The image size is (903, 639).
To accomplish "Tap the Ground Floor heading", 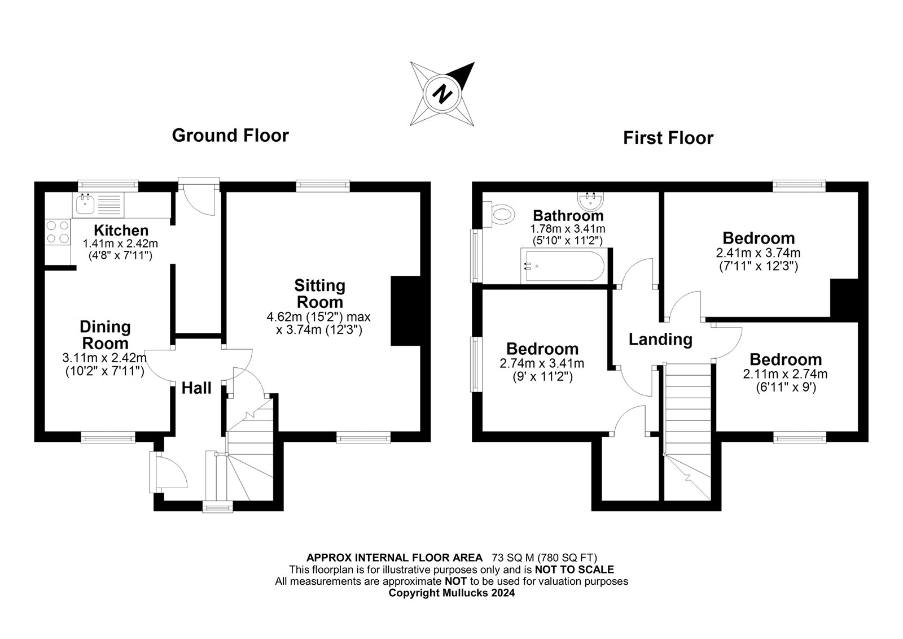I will pos(230,136).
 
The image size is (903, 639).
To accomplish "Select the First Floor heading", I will pos(668,138).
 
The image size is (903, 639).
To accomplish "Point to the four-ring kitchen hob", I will pos(58,232).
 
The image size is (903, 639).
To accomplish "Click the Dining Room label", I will pos(105,334).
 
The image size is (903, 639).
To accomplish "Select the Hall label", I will pos(196,388).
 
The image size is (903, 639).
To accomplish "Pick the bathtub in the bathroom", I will pos(563,266).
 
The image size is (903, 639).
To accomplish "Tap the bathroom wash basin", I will pos(590,200).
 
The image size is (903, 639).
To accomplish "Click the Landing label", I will pos(660,340).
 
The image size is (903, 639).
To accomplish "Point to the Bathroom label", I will pos(568,215).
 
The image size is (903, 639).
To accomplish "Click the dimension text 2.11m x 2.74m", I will pos(785,374).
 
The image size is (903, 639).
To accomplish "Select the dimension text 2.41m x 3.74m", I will pos(758,253).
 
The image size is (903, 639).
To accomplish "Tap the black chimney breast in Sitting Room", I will pos(405,310).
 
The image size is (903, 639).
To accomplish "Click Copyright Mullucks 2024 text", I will pos(451,593).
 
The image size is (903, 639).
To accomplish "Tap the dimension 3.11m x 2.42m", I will pos(104,358).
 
